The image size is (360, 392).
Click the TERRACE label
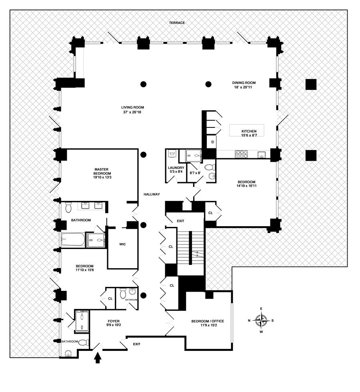coord(176,23)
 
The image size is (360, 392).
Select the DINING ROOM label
coord(244,83)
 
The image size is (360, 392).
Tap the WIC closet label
coord(123,244)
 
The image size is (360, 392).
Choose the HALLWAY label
coord(152,195)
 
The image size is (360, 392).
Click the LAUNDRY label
coord(176,168)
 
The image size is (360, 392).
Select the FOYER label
coord(114,321)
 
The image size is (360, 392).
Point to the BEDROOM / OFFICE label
coord(208,321)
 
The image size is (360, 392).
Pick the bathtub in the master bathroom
coord(73,240)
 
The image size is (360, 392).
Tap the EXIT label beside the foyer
coord(137,344)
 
